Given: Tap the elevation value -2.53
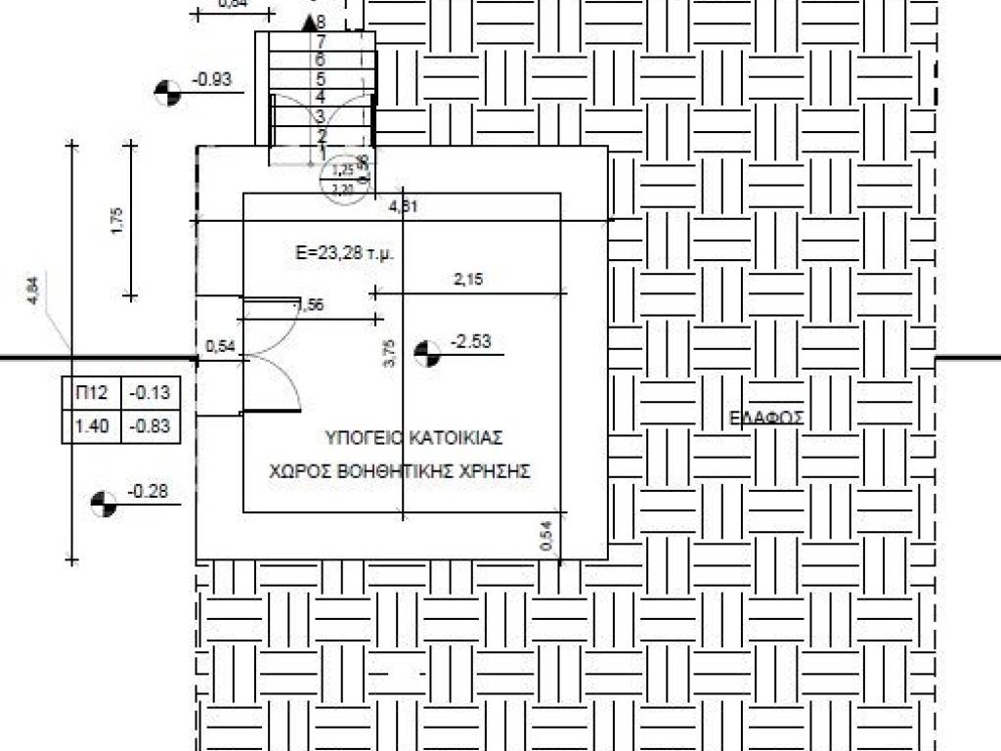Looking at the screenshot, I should (x=470, y=341).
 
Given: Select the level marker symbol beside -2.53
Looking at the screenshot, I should (x=426, y=353).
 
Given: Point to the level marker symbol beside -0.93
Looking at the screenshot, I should (x=167, y=93).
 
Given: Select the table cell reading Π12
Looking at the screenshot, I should (x=91, y=394).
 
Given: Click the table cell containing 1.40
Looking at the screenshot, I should (x=91, y=426).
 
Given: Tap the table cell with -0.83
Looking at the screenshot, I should (x=152, y=426).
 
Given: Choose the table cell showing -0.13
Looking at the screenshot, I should (x=152, y=394).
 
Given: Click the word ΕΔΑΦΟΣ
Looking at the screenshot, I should (x=766, y=418).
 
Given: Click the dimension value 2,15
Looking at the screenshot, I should (x=468, y=280).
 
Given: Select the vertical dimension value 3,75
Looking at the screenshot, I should (x=389, y=352).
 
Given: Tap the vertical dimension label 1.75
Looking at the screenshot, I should (x=117, y=220).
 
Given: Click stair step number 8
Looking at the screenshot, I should (x=321, y=21).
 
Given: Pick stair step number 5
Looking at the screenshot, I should (x=320, y=78).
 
